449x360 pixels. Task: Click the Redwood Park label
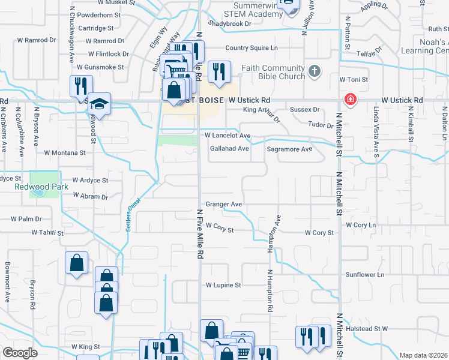click(x=37, y=187)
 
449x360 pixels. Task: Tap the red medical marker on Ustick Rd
click(x=348, y=99)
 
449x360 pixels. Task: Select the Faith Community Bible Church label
click(x=273, y=72)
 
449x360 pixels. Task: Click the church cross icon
click(x=314, y=73)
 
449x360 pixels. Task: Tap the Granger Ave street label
click(x=223, y=205)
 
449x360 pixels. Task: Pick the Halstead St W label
click(x=367, y=329)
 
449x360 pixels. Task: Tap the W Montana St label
click(x=64, y=153)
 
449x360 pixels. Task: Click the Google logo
click(x=20, y=353)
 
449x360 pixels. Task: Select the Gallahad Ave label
click(x=229, y=149)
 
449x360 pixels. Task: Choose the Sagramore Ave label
click(x=289, y=149)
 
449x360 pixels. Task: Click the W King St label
click(x=85, y=347)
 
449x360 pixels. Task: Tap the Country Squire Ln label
click(x=252, y=48)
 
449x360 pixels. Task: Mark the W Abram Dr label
click(x=90, y=196)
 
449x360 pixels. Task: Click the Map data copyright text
click(x=423, y=355)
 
